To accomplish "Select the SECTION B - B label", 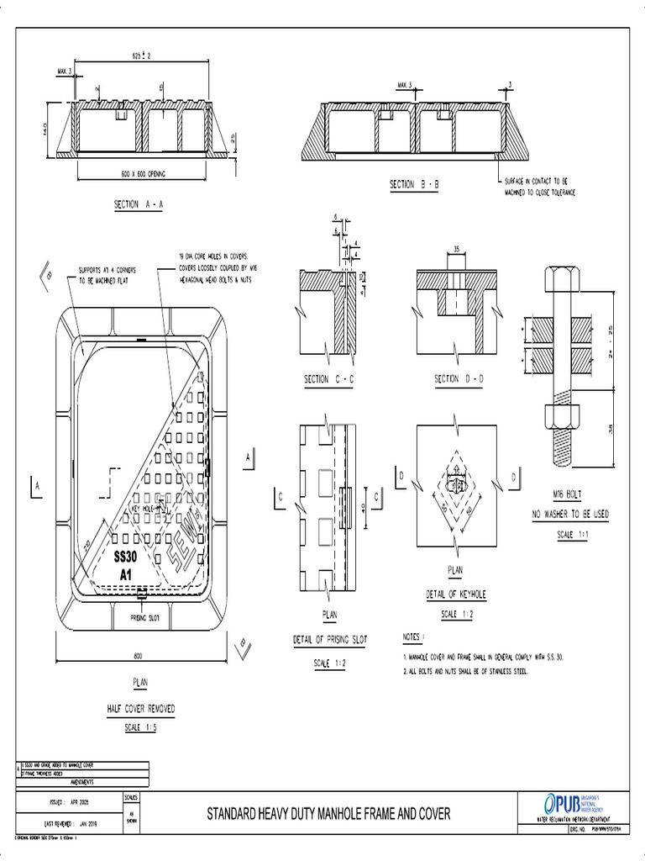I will (414, 185).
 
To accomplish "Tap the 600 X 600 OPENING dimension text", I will (142, 174).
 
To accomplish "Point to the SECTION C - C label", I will (329, 380).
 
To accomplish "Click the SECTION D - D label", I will (459, 379).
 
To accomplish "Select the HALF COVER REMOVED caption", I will (140, 709).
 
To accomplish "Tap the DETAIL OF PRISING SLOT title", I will (329, 641).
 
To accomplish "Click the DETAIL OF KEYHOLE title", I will (456, 594).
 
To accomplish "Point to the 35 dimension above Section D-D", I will (455, 249).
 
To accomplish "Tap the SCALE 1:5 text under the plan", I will (140, 727).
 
